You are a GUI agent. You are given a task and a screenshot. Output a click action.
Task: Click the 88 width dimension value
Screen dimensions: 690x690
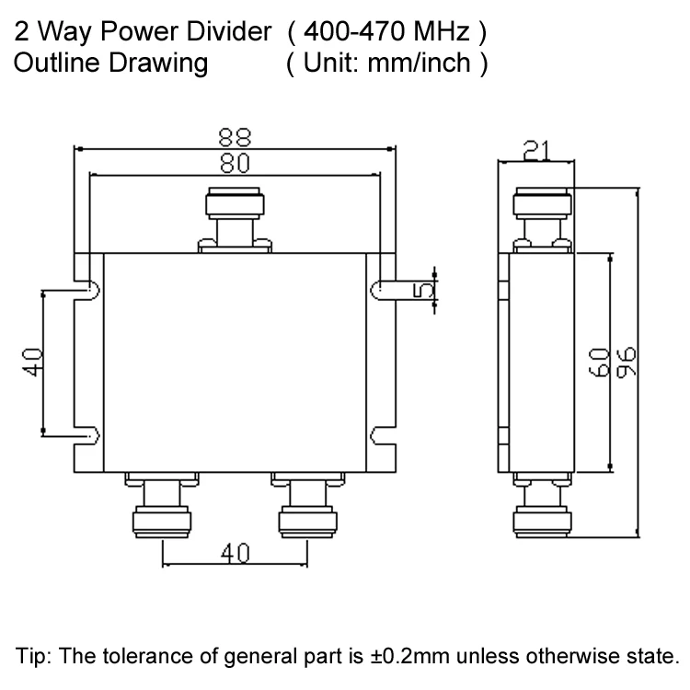point(235,136)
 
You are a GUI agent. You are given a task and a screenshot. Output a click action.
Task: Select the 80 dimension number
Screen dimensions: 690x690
point(235,163)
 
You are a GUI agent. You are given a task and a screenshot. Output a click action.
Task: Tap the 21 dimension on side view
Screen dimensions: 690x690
point(536,148)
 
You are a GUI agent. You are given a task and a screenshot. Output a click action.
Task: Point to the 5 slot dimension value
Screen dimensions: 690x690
point(424,289)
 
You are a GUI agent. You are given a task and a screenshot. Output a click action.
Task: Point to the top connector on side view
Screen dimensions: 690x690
point(542,216)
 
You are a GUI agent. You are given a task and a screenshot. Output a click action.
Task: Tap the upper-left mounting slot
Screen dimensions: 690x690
point(89,290)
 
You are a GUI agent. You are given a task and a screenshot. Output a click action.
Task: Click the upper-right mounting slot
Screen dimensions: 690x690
point(379,290)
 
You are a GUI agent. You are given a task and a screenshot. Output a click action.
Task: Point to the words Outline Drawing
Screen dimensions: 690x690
point(110,64)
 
